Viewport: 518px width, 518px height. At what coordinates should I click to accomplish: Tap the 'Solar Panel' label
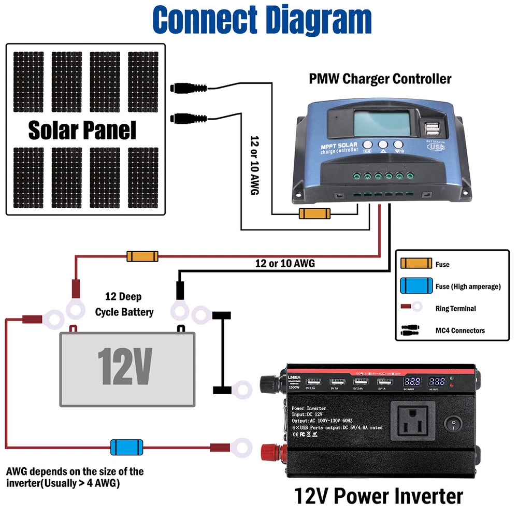pyautogui.click(x=82, y=130)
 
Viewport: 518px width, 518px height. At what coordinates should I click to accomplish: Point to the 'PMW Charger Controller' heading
pyautogui.click(x=380, y=79)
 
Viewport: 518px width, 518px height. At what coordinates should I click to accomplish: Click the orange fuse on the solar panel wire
pyautogui.click(x=314, y=214)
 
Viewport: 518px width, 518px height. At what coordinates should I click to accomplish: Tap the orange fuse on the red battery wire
pyautogui.click(x=142, y=256)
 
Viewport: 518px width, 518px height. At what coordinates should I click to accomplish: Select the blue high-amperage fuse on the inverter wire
pyautogui.click(x=126, y=447)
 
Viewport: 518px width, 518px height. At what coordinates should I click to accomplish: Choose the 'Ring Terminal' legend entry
pyautogui.click(x=455, y=308)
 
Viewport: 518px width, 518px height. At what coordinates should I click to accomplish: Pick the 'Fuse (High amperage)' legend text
pyautogui.click(x=468, y=286)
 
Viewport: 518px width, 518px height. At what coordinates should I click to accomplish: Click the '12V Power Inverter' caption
pyautogui.click(x=378, y=496)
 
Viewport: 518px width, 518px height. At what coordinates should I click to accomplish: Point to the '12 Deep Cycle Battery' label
pyautogui.click(x=124, y=305)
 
